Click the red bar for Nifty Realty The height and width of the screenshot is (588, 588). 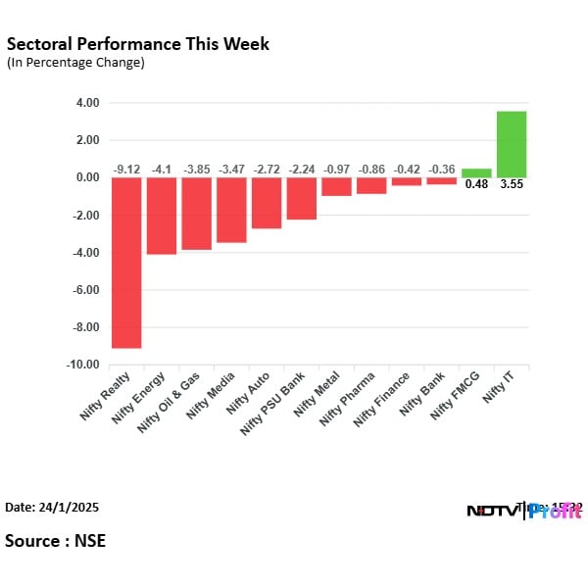coord(126,263)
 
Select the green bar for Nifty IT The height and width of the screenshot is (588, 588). coord(512,144)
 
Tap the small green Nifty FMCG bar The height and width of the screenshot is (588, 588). coord(476,172)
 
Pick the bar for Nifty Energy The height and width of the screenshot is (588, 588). coord(162,216)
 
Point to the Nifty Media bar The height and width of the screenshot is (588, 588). coord(231,210)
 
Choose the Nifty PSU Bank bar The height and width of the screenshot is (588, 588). coord(302,198)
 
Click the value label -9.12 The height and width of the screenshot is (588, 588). coord(126,170)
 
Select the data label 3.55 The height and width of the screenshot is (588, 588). coord(512,184)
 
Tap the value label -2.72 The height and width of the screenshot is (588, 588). coord(267,170)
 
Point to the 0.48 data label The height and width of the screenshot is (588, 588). coord(476,184)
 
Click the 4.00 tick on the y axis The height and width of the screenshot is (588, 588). coord(87,103)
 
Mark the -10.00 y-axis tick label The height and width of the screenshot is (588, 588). coord(83,365)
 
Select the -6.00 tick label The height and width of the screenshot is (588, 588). coord(85,290)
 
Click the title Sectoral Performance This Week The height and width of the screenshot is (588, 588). coord(137,44)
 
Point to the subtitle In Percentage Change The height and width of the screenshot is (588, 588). coord(75,63)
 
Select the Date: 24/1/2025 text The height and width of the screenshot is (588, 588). coord(52,508)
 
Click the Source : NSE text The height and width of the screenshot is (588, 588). coord(55,541)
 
